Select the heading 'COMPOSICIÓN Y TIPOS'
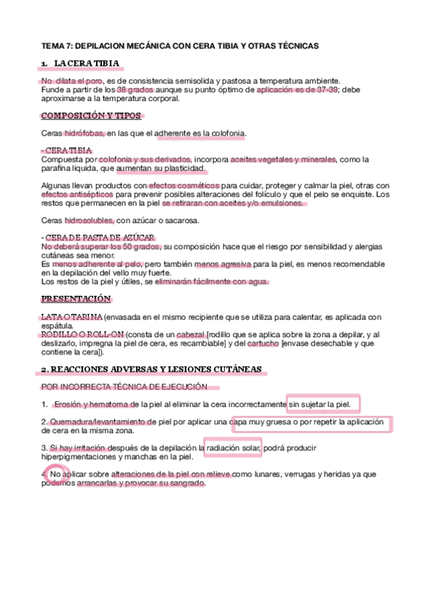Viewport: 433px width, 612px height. pyautogui.click(x=91, y=116)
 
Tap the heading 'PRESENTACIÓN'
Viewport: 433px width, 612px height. pyautogui.click(x=76, y=298)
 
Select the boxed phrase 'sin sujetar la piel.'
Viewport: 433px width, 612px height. pyautogui.click(x=323, y=404)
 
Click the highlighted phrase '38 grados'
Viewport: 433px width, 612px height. pyautogui.click(x=135, y=90)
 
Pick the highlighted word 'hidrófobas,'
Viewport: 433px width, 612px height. pyautogui.click(x=85, y=134)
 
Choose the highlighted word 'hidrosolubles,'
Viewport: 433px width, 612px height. pyautogui.click(x=89, y=220)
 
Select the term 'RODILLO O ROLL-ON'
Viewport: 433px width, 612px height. pyautogui.click(x=82, y=335)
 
